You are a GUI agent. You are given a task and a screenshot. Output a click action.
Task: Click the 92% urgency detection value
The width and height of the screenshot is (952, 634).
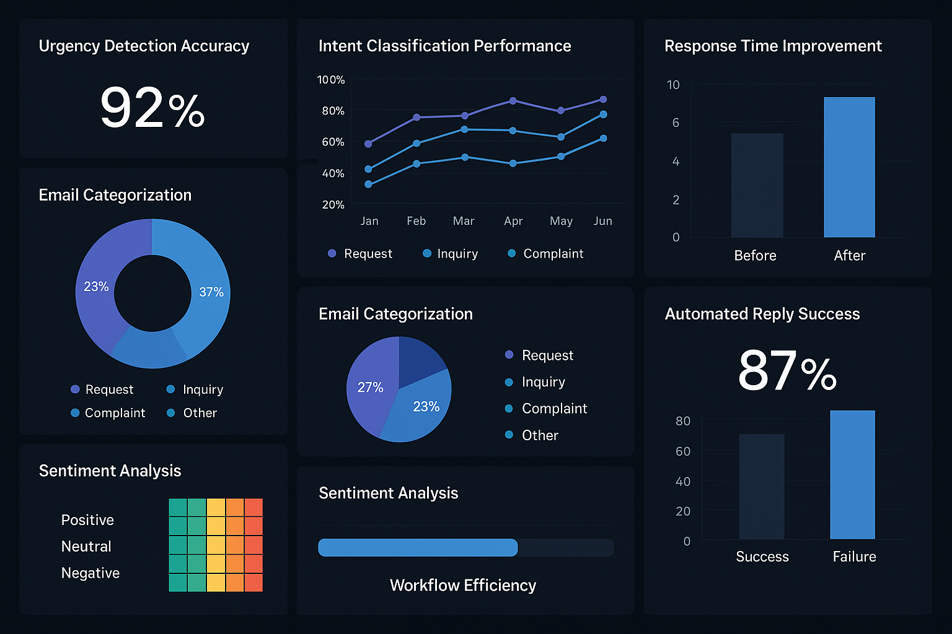152,108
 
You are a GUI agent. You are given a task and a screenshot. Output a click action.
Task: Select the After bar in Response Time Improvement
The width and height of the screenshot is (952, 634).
849,167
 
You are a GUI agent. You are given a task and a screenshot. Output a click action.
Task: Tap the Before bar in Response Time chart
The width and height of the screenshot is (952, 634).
757,185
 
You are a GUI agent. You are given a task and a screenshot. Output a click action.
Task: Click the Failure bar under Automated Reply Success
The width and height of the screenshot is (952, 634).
852,474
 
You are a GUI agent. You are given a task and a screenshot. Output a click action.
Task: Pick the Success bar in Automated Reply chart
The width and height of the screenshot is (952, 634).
761,486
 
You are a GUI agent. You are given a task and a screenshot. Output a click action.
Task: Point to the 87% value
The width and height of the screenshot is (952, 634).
787,371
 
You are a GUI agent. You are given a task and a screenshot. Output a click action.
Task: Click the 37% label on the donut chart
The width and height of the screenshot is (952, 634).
211,292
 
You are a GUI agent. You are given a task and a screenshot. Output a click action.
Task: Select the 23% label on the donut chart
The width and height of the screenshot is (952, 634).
96,287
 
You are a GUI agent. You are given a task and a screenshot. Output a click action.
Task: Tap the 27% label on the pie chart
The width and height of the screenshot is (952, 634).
370,388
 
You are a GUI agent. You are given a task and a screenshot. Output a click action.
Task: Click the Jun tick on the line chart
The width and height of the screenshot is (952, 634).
602,221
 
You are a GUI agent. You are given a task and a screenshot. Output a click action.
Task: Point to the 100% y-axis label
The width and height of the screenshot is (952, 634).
330,80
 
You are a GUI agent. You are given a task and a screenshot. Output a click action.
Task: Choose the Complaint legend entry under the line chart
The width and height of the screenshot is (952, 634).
545,254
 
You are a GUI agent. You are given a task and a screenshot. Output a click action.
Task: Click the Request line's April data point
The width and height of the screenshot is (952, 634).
513,101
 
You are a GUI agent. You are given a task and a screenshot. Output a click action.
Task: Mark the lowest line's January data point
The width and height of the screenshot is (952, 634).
369,184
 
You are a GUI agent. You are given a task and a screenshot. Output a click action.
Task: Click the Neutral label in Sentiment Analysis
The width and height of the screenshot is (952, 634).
86,547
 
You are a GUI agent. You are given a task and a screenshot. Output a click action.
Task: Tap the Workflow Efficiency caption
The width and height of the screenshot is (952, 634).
462,585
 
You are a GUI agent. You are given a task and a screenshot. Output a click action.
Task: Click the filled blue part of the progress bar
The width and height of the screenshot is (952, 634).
417,547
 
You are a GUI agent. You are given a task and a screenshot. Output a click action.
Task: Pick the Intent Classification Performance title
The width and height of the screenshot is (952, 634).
444,46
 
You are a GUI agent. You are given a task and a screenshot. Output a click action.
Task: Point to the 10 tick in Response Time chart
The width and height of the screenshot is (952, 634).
673,85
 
